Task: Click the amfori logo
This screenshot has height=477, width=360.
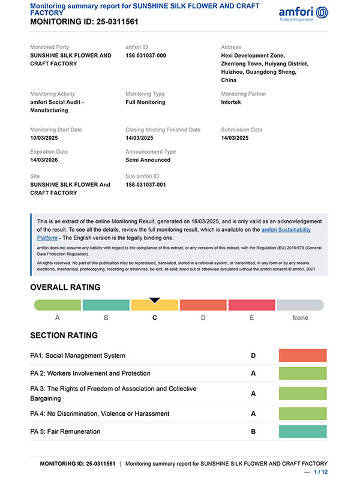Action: pos(304,13)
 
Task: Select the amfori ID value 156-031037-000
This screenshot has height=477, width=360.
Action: pos(146,56)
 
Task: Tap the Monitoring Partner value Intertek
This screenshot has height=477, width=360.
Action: pos(234,103)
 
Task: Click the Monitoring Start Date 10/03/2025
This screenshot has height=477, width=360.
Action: pos(46,138)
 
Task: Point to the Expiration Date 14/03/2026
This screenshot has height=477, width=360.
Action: pos(46,160)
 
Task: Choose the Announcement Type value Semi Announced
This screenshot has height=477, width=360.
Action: pos(148,160)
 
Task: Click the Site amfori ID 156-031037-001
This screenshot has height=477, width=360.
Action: pos(146,185)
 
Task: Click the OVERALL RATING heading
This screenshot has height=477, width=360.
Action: pos(65,287)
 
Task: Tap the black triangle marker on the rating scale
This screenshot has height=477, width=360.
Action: pos(155,300)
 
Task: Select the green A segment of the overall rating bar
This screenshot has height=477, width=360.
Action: pos(58,305)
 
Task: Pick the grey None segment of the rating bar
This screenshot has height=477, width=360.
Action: pos(300,305)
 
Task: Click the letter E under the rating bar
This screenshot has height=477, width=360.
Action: pos(252,318)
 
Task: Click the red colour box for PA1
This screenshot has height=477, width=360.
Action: pos(302,356)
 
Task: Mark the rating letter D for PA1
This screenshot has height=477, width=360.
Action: pos(253,356)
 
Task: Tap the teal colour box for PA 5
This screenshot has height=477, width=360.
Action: pos(302,432)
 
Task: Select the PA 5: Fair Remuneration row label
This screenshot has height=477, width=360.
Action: pos(65,432)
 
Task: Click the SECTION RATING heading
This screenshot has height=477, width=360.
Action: pos(64,335)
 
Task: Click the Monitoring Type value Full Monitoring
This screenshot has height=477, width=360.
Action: pos(145,103)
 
